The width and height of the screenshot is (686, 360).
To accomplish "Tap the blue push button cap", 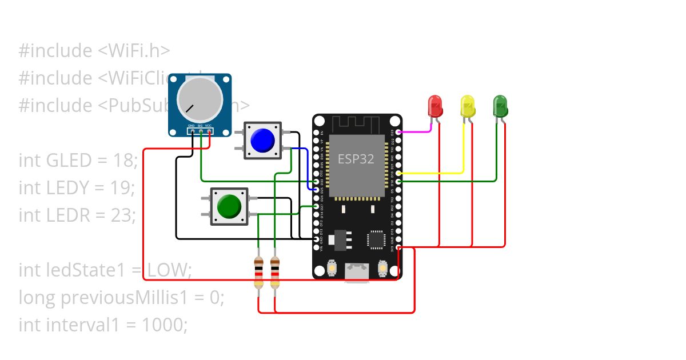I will point(262,141).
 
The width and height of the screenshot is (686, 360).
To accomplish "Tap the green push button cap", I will point(229,206).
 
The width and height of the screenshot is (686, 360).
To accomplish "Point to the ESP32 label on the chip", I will point(356,159).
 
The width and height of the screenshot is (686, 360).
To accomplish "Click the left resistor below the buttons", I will point(258,273).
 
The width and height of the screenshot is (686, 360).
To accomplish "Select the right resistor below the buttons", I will point(275,273).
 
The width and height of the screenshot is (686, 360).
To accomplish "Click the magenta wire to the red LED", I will point(414,131).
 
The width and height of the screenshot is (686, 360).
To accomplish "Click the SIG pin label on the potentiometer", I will point(201,126).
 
